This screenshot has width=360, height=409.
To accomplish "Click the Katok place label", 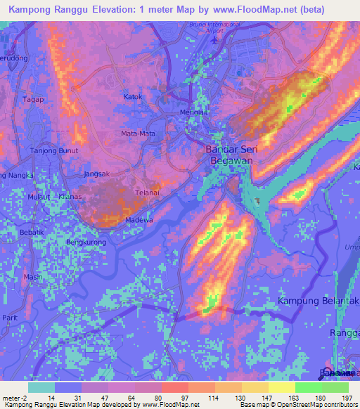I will pos(133,97).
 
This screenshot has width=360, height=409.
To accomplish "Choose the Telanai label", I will pos(146,191).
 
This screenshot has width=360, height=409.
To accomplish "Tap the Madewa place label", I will pos(139,220).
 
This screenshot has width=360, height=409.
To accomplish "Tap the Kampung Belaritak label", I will pos(319,301).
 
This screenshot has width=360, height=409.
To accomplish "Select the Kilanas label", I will pos(72,197).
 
